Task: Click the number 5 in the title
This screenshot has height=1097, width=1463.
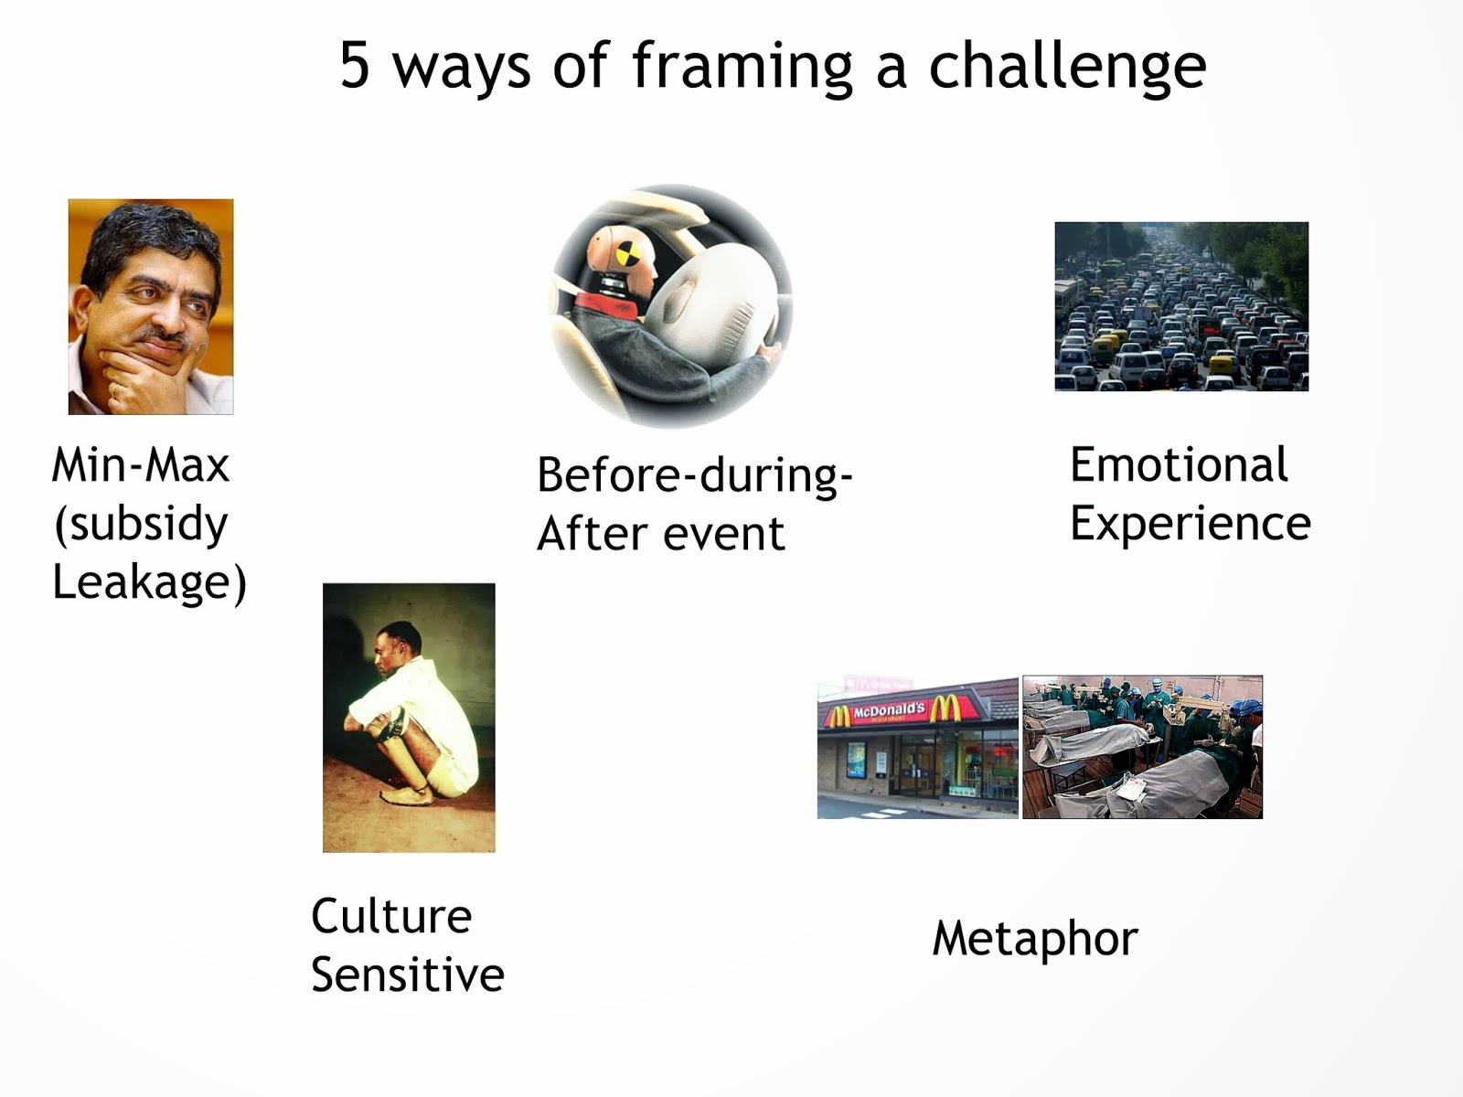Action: click(354, 65)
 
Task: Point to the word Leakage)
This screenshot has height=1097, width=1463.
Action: click(149, 581)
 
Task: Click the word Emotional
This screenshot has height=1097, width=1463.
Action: click(1179, 464)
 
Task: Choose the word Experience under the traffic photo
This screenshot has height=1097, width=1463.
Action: click(1191, 524)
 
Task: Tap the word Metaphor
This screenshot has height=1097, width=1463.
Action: click(1035, 939)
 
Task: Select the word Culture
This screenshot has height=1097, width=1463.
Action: click(391, 916)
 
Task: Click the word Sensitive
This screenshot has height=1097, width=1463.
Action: click(408, 975)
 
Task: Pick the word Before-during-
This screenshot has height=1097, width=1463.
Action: click(695, 474)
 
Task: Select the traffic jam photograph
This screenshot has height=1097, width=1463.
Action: click(1181, 306)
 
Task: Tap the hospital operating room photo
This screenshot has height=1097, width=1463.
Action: click(1142, 747)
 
